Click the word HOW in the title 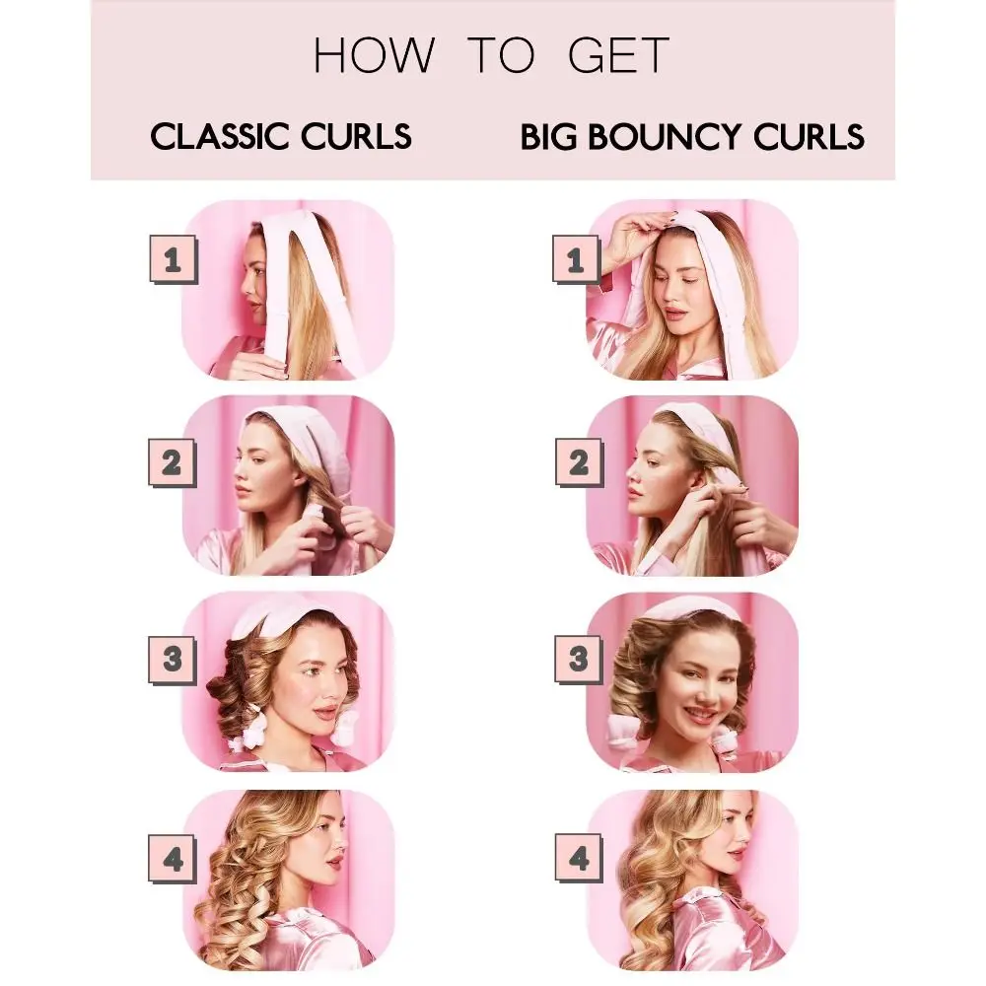(373, 56)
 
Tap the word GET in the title (619, 56)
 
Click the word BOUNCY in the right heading (671, 136)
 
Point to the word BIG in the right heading (548, 136)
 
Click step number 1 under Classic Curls (173, 260)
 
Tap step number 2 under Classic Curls (173, 462)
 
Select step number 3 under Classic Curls (173, 659)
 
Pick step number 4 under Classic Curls (173, 860)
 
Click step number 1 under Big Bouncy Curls (577, 260)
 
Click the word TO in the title (500, 56)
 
